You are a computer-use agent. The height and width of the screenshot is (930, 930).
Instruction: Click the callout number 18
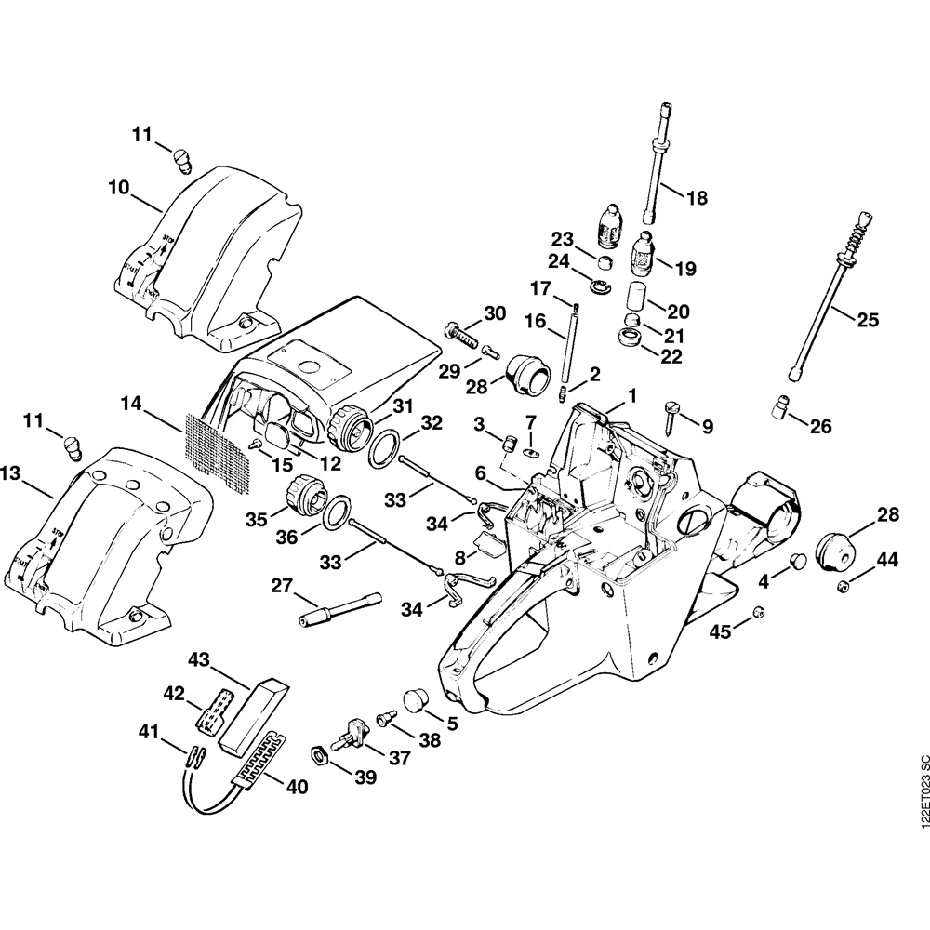pyautogui.click(x=696, y=198)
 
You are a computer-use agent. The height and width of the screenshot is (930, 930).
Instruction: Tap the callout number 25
pyautogui.click(x=867, y=320)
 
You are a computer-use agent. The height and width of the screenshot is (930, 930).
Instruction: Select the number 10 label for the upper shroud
pyautogui.click(x=118, y=186)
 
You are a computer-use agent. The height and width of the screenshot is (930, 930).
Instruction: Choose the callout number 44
pyautogui.click(x=888, y=560)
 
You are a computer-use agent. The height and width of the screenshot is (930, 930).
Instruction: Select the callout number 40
pyautogui.click(x=296, y=787)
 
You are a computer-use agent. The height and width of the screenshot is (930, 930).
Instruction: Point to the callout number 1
pyautogui.click(x=632, y=395)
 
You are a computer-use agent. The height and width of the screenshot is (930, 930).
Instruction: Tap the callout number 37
pyautogui.click(x=399, y=758)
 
